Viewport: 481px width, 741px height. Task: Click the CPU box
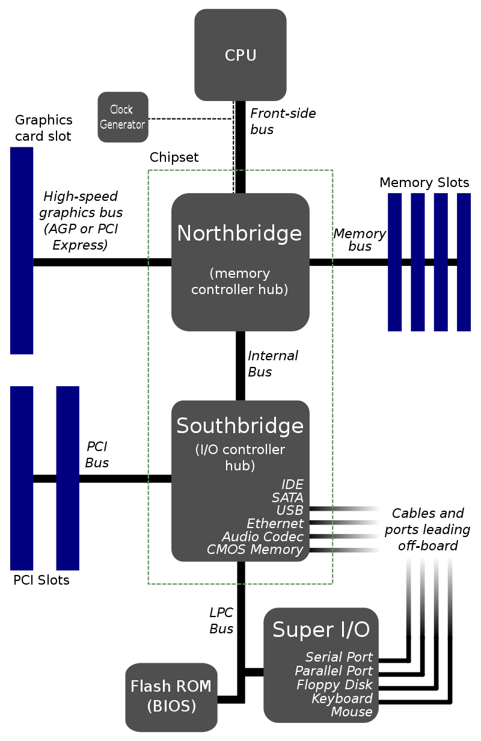(240, 55)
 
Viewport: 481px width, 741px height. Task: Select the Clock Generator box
(123, 117)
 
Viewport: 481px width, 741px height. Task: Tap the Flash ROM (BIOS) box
(171, 696)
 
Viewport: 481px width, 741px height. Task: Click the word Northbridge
(239, 233)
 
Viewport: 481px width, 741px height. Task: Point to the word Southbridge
(240, 426)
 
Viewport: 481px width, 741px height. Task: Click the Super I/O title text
(320, 630)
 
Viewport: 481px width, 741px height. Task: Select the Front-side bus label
(282, 121)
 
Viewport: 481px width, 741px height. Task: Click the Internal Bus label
(272, 364)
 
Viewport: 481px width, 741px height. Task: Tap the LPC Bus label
(221, 621)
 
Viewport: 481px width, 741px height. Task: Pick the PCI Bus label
(97, 455)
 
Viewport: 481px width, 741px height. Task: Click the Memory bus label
(360, 239)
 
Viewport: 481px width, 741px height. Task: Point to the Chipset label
(174, 158)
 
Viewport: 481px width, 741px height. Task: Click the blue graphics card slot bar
(22, 250)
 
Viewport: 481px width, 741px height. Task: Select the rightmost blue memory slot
(464, 262)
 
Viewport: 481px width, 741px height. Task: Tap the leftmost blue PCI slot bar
(22, 478)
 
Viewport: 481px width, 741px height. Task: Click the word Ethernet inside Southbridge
(275, 523)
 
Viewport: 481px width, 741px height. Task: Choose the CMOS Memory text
(255, 549)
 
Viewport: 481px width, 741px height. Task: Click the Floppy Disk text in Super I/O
(334, 684)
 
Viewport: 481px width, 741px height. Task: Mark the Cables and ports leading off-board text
(427, 529)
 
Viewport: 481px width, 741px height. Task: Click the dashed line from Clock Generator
(189, 118)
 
